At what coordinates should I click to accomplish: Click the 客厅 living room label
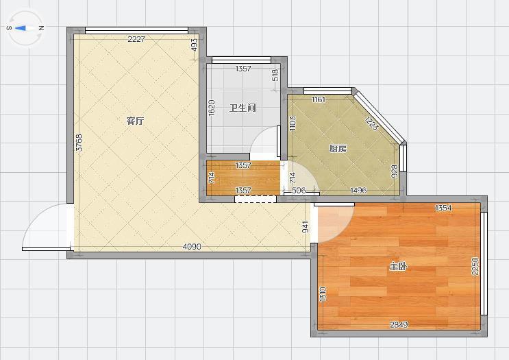coord(135,121)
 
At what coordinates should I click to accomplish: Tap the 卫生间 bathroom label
coord(243,108)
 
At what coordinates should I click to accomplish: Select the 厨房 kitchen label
coord(338,149)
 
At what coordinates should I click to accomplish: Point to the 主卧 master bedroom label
coord(398,267)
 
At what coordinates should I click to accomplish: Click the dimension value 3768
coord(79,143)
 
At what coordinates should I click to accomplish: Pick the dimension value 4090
coord(192,247)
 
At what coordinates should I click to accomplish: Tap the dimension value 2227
coord(136,39)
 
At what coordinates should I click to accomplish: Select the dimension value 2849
coord(399,324)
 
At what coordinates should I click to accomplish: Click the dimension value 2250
coord(475,266)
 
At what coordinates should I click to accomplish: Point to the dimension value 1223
coord(372,124)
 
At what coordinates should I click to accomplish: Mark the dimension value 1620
coord(211,108)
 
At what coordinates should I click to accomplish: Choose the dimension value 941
coord(306,227)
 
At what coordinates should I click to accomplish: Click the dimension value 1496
coord(358,190)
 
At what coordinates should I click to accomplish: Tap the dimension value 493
coord(194,45)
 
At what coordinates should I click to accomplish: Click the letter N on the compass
coord(41,28)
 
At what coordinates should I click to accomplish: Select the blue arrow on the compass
coord(20,28)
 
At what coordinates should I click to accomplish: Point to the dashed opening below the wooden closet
coord(256,199)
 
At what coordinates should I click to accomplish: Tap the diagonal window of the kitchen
coord(378,117)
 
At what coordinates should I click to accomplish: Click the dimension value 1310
coord(323,293)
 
